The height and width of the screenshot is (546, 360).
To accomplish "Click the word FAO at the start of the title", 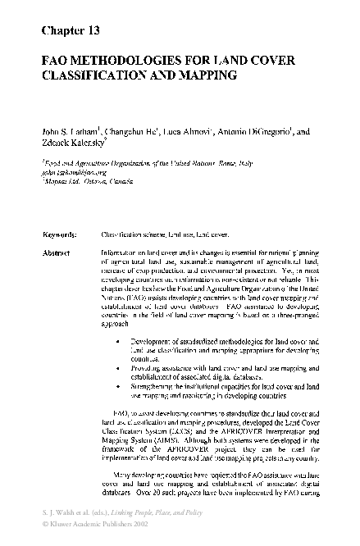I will (x=55, y=61).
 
